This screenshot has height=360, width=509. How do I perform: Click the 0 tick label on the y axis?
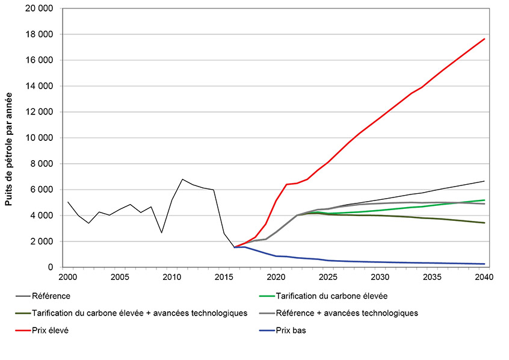(51, 267)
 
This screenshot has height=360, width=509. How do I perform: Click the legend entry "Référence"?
(51, 296)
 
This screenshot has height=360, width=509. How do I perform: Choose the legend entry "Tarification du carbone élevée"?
(332, 296)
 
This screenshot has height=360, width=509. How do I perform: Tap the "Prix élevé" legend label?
(52, 330)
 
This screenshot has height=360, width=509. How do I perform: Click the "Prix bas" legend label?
(291, 330)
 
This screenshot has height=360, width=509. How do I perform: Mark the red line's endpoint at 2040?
(484, 39)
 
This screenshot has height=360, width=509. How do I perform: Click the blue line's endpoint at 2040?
(484, 264)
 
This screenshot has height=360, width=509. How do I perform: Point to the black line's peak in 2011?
(182, 179)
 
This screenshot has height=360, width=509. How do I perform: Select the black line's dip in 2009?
(162, 232)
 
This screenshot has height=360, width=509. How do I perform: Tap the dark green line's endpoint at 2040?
(484, 223)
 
